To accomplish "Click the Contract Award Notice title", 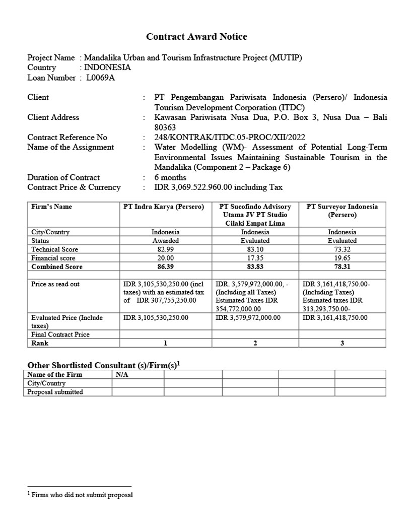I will [196, 37].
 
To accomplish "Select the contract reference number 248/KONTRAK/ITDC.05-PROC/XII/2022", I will [230, 138].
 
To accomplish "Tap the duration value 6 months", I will [170, 177].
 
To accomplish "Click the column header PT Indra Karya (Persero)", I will [164, 207].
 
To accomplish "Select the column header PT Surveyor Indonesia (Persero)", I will [342, 211].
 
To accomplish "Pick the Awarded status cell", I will [165, 241].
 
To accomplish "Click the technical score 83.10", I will [255, 249].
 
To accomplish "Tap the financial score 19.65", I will [342, 258].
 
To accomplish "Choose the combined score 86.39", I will [165, 267].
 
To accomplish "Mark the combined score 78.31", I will [342, 267].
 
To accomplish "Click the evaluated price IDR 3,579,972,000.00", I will [248, 318].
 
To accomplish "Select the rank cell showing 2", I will [255, 343].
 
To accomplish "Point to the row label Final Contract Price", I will [60, 335].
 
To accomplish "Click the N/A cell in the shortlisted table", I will [122, 374].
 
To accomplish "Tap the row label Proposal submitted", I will [55, 392].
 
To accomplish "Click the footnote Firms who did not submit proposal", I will [82, 495].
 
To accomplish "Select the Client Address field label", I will [53, 117].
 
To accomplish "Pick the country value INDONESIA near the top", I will [107, 68].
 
